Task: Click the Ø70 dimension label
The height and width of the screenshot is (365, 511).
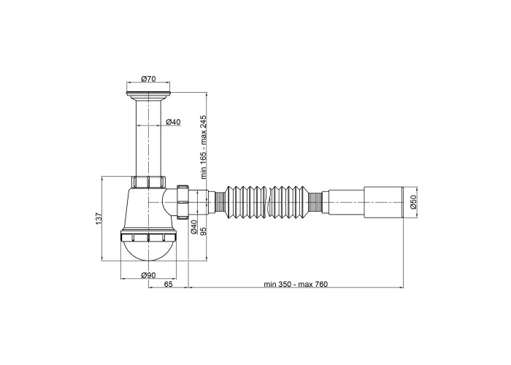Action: (148, 79)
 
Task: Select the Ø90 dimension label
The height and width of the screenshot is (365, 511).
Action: (148, 275)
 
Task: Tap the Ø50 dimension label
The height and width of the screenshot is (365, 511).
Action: (414, 202)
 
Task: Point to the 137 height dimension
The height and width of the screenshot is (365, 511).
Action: (99, 218)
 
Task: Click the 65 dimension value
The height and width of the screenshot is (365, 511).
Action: (168, 284)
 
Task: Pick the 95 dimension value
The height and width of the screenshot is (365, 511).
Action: (204, 231)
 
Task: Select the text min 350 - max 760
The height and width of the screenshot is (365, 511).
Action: (296, 284)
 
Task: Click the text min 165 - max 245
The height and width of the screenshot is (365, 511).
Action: (204, 147)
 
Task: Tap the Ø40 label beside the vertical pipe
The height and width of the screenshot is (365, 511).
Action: (173, 122)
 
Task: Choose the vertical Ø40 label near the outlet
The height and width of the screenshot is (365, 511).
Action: (193, 227)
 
